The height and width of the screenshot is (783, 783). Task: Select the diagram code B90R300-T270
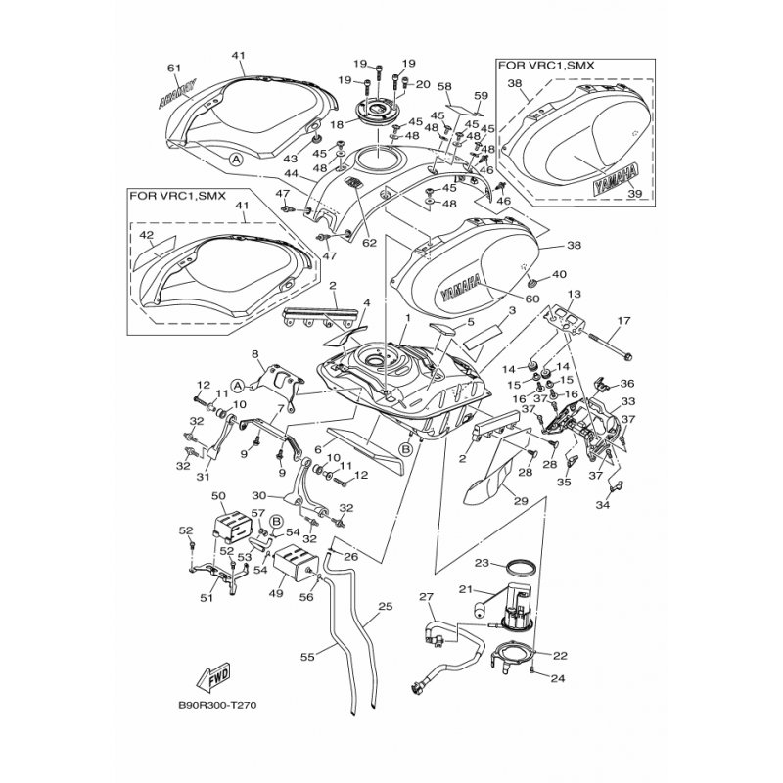click(217, 706)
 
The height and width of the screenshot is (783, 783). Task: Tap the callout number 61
click(174, 68)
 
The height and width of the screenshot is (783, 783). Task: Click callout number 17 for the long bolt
click(623, 320)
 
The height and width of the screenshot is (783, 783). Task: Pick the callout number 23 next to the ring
click(482, 563)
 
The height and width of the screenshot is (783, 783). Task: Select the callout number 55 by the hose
click(307, 657)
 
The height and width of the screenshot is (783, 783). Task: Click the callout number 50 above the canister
click(218, 496)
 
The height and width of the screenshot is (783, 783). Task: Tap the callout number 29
click(521, 501)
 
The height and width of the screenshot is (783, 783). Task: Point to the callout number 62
click(370, 244)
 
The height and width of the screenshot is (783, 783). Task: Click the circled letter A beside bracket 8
click(238, 385)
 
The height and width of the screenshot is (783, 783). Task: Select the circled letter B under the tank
click(406, 449)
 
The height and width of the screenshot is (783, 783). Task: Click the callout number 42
click(146, 234)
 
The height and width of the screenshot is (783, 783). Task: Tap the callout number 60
click(532, 299)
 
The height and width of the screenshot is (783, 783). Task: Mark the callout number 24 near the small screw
click(557, 678)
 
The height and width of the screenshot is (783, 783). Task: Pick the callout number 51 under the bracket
click(207, 597)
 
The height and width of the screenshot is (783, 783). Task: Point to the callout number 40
click(559, 274)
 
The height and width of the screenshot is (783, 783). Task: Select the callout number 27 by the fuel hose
click(427, 597)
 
